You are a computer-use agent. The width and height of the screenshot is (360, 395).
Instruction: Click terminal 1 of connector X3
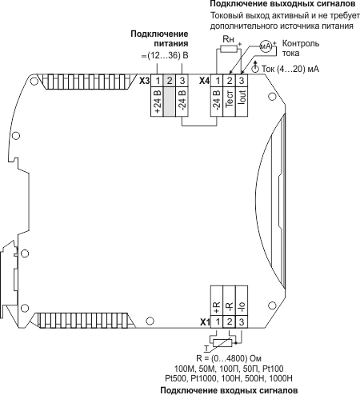(x=158, y=81)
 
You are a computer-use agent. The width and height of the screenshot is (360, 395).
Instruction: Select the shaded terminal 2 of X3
(x=170, y=81)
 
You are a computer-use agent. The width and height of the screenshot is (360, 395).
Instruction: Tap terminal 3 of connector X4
(x=242, y=81)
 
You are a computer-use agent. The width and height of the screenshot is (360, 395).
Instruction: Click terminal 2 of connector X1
(x=230, y=321)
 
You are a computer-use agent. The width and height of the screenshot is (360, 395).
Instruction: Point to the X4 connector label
(x=205, y=81)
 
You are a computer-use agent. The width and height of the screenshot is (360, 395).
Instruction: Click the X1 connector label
(x=205, y=322)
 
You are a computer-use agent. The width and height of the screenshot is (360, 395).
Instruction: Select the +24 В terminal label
(x=158, y=102)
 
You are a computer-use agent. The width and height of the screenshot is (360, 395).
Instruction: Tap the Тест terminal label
(x=230, y=98)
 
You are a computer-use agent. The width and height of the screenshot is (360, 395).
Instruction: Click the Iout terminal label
(x=242, y=97)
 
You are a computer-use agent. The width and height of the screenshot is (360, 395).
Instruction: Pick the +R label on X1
(x=217, y=308)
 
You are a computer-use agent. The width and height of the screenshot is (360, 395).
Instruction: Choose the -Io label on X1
(x=242, y=308)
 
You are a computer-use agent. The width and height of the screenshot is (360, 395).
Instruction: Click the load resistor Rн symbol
(x=229, y=49)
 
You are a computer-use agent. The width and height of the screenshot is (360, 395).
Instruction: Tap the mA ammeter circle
(x=266, y=46)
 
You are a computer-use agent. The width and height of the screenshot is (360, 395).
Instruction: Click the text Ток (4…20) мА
(x=290, y=69)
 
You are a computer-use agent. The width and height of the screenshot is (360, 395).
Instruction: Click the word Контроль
(x=301, y=43)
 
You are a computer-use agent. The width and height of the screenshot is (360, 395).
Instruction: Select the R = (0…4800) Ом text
(x=229, y=358)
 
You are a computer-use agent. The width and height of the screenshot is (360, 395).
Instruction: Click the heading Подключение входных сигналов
(x=229, y=391)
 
